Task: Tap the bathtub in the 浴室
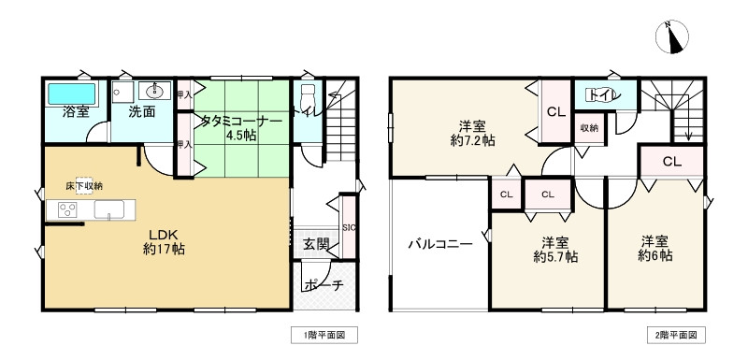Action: (x=72, y=94)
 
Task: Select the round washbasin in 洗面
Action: (x=155, y=92)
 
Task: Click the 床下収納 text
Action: (x=84, y=185)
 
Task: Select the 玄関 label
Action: (x=316, y=245)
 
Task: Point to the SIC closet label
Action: (x=348, y=227)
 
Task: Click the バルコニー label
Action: (x=439, y=245)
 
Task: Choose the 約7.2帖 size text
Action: (x=470, y=139)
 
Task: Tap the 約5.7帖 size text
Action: (x=555, y=254)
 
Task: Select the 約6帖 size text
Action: (x=655, y=254)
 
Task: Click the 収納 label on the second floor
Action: (x=589, y=128)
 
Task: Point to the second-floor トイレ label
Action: (x=599, y=94)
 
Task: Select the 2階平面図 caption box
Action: (x=672, y=334)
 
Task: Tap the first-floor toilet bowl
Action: (x=307, y=96)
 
